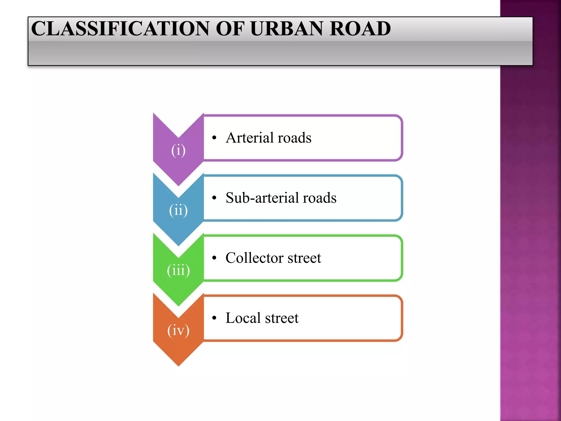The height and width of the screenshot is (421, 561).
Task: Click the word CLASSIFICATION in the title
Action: pyautogui.click(x=121, y=29)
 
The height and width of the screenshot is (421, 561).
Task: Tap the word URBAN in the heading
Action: pyautogui.click(x=287, y=29)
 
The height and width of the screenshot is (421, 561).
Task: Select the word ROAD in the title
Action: pyautogui.click(x=360, y=29)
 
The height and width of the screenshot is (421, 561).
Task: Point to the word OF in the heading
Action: pyautogui.click(x=230, y=29)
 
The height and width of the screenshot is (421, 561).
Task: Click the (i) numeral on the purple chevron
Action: pyautogui.click(x=178, y=150)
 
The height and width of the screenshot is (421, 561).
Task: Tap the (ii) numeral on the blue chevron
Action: pyautogui.click(x=178, y=210)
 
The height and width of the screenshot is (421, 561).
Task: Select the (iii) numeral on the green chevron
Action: pyautogui.click(x=178, y=270)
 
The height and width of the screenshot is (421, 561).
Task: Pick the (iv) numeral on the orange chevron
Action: pyautogui.click(x=178, y=330)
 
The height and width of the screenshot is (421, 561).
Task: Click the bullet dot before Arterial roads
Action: pyautogui.click(x=214, y=138)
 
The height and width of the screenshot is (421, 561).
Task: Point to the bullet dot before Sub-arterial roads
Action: pyautogui.click(x=214, y=198)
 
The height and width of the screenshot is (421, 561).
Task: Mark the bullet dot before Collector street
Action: pyautogui.click(x=214, y=258)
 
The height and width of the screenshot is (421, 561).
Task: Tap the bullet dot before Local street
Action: pyautogui.click(x=214, y=318)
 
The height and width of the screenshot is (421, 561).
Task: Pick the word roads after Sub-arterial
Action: pyautogui.click(x=319, y=198)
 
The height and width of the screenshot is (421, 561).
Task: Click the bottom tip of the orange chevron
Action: pyautogui.click(x=178, y=365)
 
